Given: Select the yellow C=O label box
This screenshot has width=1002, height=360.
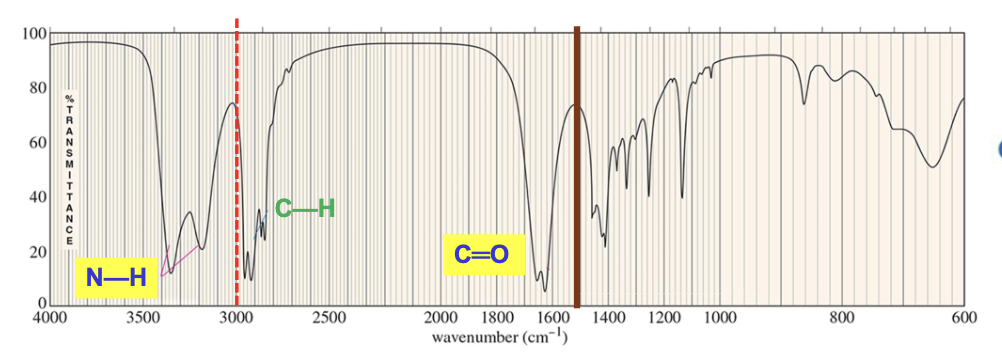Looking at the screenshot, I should pos(482,255).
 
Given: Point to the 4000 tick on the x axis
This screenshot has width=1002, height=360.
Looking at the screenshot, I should pos(49,318).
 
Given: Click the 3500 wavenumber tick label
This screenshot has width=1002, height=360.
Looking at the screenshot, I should pos(142,318).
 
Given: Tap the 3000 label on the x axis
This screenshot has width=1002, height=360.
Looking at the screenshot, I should pos(236,318).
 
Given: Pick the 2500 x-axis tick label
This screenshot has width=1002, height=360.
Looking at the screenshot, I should pos(329,318).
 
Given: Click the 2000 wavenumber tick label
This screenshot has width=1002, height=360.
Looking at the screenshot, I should pos(441,318).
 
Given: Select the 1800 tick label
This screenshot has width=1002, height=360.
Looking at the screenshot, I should pos(497,318).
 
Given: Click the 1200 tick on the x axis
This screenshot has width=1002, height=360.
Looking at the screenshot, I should pos(665,318).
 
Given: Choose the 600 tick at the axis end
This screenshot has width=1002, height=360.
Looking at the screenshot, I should pos(964,318).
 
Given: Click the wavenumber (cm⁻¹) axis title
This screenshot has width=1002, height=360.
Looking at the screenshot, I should pos(500,338).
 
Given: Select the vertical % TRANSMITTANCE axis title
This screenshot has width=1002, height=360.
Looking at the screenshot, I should pos(70,170).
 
